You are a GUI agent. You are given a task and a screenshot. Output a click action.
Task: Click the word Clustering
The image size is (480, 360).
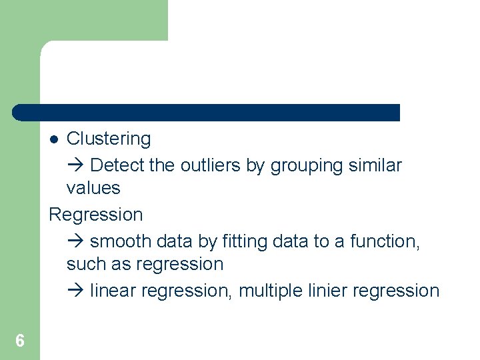(109, 139)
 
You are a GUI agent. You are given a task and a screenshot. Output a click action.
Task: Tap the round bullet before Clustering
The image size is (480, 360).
(55, 139)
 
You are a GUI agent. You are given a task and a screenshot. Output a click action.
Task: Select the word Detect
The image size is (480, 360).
(117, 165)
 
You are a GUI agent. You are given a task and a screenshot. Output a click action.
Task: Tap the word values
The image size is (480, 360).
(93, 188)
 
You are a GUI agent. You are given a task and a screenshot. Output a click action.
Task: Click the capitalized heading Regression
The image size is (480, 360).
(96, 215)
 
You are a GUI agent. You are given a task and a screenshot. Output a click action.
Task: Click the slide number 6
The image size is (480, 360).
(20, 341)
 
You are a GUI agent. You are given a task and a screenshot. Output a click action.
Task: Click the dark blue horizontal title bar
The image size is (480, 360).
(207, 112)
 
